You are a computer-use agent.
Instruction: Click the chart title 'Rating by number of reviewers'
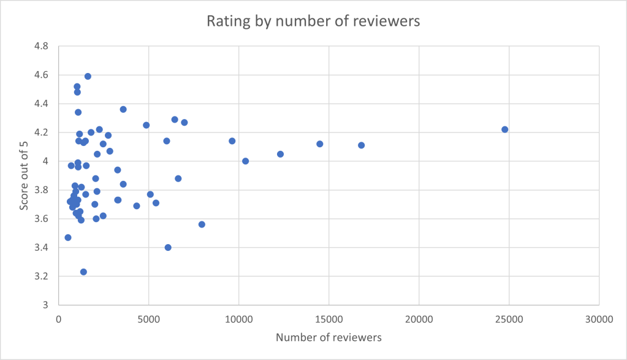(313, 21)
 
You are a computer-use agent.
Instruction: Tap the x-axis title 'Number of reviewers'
(329, 338)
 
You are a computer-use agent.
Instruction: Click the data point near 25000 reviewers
(505, 129)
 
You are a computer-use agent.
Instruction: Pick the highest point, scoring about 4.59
(88, 76)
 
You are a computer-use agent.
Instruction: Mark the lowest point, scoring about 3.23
(83, 272)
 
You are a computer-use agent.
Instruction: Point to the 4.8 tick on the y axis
(42, 46)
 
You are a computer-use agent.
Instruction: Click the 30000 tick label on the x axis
(599, 320)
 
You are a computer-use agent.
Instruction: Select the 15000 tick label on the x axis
(329, 320)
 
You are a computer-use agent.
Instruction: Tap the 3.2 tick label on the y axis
(42, 277)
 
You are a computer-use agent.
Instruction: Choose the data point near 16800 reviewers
(362, 145)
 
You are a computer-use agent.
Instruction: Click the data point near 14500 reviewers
(320, 144)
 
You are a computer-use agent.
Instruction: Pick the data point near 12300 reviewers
(280, 154)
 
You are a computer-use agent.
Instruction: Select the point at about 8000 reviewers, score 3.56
(202, 224)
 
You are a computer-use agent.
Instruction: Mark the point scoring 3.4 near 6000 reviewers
(168, 247)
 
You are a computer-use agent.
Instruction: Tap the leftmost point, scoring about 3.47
(68, 237)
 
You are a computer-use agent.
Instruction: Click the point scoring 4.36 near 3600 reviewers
(123, 109)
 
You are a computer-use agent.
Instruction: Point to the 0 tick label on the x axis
(59, 320)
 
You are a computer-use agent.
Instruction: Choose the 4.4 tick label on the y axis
(42, 104)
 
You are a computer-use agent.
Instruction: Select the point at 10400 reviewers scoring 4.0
(246, 161)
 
